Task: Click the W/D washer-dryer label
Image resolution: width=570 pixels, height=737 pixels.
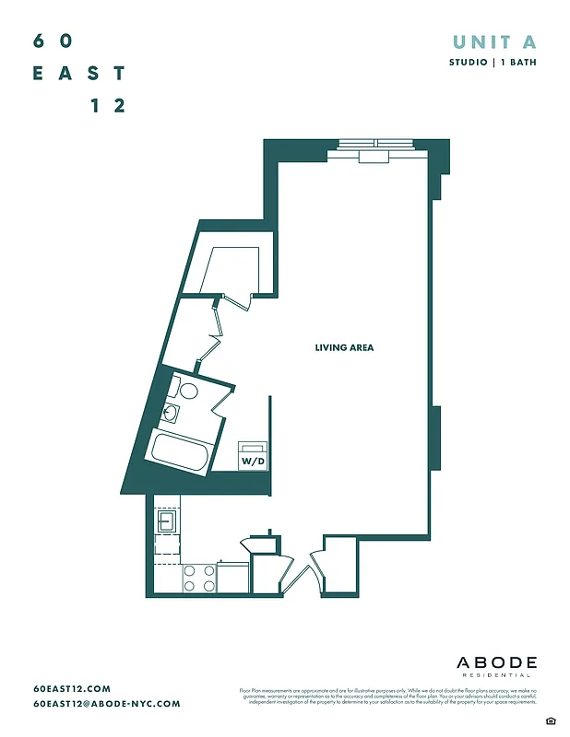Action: tap(251, 459)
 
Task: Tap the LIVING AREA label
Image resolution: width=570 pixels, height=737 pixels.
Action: tap(344, 347)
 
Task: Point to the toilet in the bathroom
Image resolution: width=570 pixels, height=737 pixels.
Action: tap(187, 391)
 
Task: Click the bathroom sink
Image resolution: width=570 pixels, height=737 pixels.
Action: tap(172, 413)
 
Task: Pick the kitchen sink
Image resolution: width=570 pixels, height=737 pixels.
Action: tap(166, 521)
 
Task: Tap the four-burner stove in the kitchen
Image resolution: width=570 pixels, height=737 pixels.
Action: tap(199, 578)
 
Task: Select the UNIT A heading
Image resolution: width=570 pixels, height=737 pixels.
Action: tap(494, 41)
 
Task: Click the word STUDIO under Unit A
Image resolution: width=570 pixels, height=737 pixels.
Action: tap(469, 63)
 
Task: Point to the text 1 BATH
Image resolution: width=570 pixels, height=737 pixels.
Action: tap(519, 63)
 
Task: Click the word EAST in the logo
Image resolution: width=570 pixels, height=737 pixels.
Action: tap(79, 74)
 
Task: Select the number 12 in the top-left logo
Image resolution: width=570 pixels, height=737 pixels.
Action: tap(108, 106)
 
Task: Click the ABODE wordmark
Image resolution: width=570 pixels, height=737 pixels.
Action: tap(496, 662)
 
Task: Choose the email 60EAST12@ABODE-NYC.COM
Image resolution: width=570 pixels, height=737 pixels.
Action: tap(106, 704)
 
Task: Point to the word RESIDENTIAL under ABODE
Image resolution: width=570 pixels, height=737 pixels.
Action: tap(496, 675)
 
